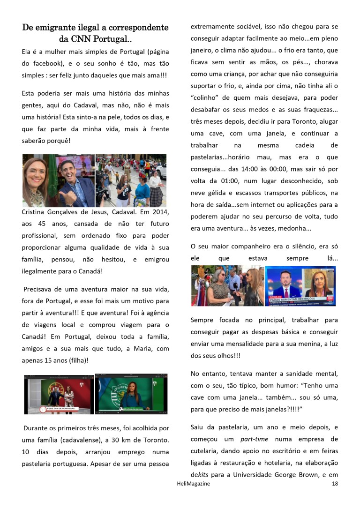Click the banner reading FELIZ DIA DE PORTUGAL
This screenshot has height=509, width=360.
click(58, 408)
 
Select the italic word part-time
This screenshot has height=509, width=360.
click(254, 439)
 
